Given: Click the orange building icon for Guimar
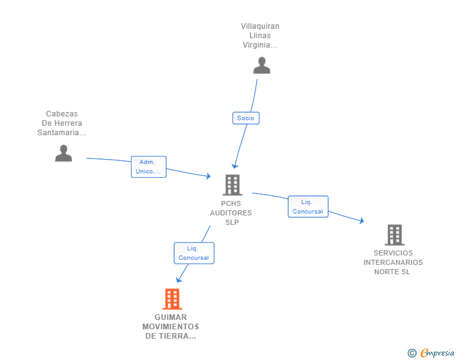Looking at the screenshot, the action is (x=172, y=299).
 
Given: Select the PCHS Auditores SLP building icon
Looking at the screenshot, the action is (x=232, y=185).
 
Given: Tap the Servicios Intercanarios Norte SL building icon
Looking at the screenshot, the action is (x=395, y=235).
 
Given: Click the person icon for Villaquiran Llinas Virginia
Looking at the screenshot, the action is (x=262, y=65).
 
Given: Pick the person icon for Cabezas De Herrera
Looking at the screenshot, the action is (x=63, y=153).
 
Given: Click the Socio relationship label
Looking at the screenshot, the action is (x=246, y=118).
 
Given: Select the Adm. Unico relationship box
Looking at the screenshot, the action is (x=148, y=167).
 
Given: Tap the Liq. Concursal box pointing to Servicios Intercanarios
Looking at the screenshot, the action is (x=308, y=207).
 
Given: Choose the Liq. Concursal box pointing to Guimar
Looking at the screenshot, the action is (x=194, y=253).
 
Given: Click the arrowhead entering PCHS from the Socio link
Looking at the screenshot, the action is (x=234, y=167).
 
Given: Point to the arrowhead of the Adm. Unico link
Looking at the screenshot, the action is (x=208, y=176).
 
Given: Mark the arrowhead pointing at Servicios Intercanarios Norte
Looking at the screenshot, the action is (x=361, y=221).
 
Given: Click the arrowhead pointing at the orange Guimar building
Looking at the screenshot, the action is (x=179, y=280).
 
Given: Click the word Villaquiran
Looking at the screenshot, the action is (x=260, y=26).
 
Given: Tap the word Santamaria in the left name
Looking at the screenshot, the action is (x=58, y=133).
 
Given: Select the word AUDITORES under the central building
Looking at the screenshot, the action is (x=231, y=213).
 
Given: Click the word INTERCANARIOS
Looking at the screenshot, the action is (x=393, y=262).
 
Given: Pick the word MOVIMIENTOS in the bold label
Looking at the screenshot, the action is (x=171, y=327).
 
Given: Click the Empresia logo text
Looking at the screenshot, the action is (x=437, y=352).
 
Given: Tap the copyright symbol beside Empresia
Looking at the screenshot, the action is (x=412, y=353).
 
